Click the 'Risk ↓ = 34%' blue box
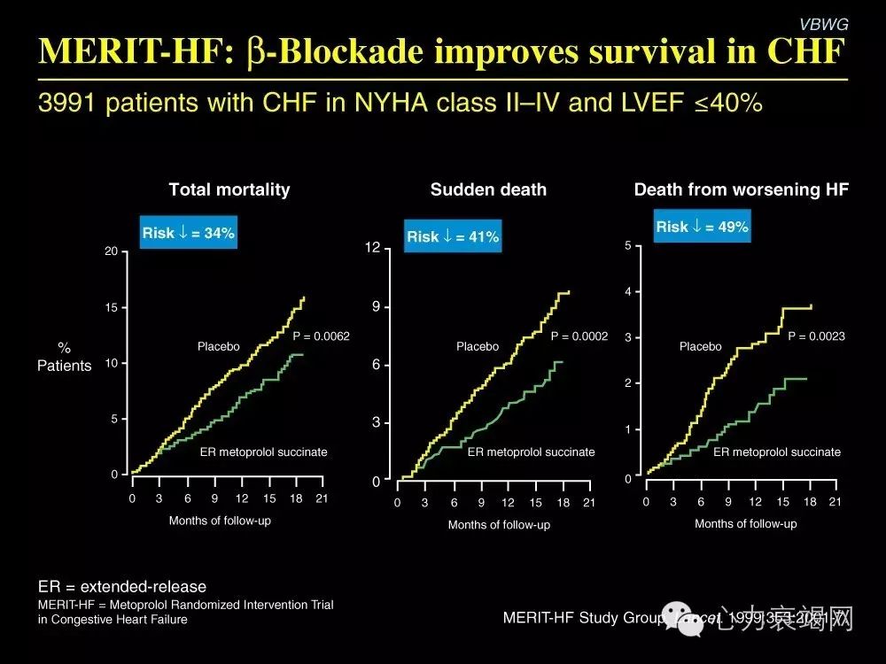coord(188,233)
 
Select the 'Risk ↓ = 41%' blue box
coord(453,236)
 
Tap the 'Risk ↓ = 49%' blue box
coord(702,227)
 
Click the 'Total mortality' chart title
coord(229,189)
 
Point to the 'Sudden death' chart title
coord(488,189)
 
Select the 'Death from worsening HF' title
coord(742,189)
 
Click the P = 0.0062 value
coord(322,336)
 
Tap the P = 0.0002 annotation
coord(579,336)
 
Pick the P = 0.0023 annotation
coord(816,336)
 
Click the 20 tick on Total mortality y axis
coord(111,252)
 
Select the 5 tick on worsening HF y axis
coord(627,245)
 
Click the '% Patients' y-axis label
coord(64,357)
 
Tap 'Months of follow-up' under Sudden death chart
coord(499,525)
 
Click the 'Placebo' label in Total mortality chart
coord(218,347)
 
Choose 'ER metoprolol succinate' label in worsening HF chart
coord(777,452)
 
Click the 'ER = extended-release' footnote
coord(122,586)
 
